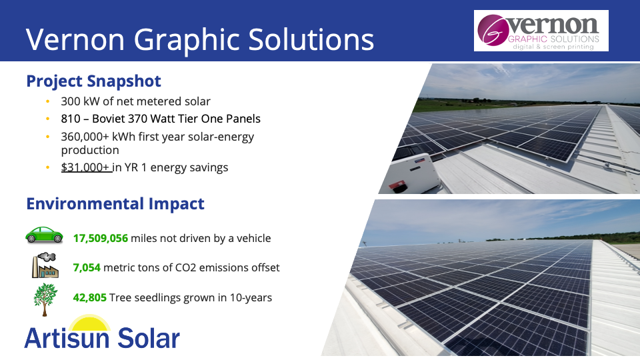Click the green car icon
coord(44,235)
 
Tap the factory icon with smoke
coord(45,265)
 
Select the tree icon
coord(45,299)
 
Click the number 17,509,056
coord(101,238)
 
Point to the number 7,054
coord(87,267)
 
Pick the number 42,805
coord(90,297)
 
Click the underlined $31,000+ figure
coord(85,167)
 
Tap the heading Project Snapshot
coord(93,81)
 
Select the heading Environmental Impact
coord(115,204)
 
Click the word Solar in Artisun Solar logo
coord(149,338)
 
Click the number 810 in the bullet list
coord(71,119)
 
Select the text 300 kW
coord(80,101)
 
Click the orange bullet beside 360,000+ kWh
coord(48,137)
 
